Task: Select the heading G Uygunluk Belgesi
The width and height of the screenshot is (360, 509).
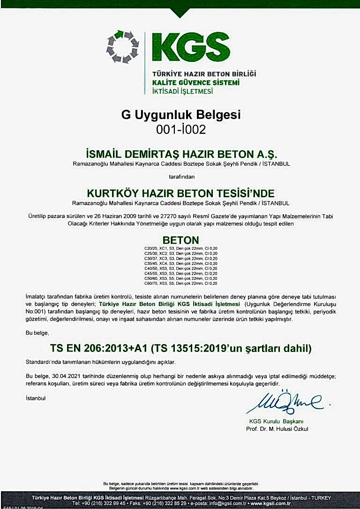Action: point(180,114)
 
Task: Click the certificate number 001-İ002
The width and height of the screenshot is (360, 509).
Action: point(180,130)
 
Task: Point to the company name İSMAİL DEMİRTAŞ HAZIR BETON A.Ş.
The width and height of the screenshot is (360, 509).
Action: point(180,154)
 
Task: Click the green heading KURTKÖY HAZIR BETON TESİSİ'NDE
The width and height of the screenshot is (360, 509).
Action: point(180,193)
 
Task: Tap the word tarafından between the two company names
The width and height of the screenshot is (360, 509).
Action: point(180,177)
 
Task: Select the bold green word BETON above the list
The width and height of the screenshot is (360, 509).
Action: point(180,239)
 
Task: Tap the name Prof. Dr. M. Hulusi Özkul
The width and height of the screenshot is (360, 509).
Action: point(277,429)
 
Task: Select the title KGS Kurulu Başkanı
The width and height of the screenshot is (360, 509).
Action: point(277,421)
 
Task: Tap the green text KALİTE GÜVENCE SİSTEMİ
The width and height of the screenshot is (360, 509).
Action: point(196,82)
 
